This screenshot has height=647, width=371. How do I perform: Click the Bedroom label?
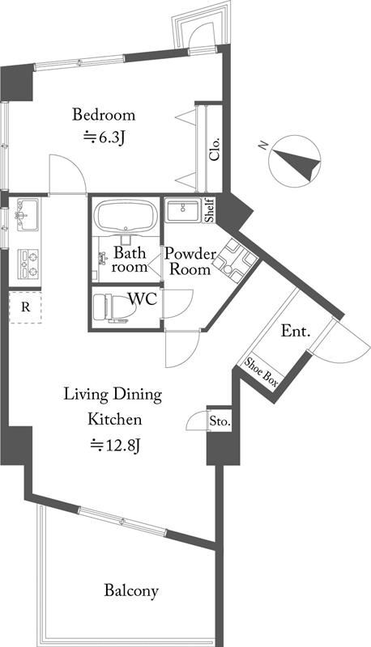tap(104, 114)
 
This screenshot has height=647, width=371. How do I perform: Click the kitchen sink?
tap(28, 215)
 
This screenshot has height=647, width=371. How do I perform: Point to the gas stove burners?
tap(28, 264)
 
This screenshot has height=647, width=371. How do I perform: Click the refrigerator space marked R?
tap(26, 307)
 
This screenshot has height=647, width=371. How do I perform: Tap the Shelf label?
tap(211, 210)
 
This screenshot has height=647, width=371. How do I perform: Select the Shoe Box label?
tap(261, 372)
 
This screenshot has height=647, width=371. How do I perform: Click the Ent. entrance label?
tap(296, 331)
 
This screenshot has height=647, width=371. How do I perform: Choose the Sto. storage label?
tap(220, 421)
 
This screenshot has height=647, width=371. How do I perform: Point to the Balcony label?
tap(131, 590)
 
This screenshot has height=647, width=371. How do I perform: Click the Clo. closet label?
tap(215, 149)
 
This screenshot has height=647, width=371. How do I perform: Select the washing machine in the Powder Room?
tap(234, 260)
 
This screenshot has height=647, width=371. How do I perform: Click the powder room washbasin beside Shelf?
tap(182, 210)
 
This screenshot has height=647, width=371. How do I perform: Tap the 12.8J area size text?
tap(117, 446)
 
